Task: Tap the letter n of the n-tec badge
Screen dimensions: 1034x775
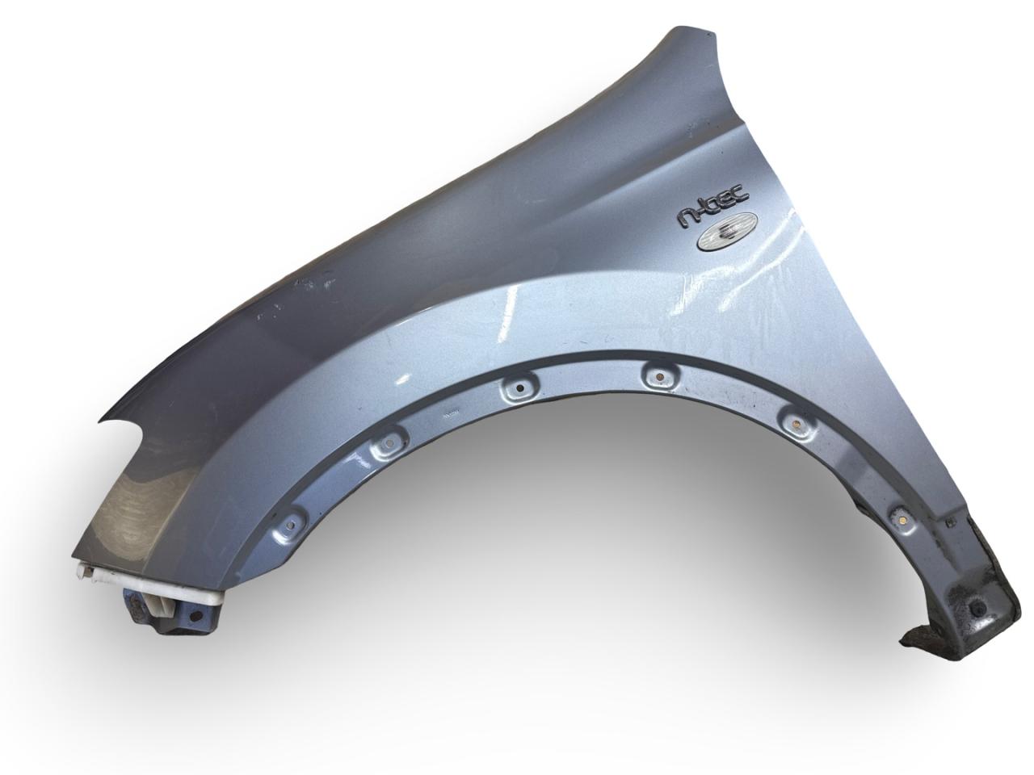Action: coord(686,218)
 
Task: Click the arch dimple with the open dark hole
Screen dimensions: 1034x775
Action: coord(520,388)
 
